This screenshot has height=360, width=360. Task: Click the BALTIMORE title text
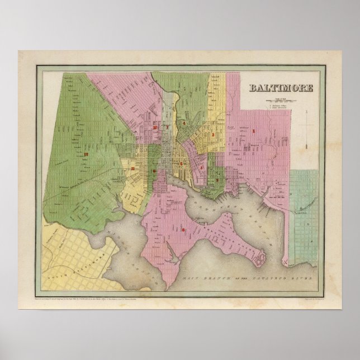click(281, 88)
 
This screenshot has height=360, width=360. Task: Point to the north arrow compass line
click(307, 129)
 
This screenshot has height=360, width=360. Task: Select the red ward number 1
click(255, 131)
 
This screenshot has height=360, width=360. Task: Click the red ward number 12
click(86, 153)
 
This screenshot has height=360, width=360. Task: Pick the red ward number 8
click(183, 229)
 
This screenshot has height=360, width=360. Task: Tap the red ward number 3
click(212, 135)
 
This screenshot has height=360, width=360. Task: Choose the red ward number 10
click(154, 127)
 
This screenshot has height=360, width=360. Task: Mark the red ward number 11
click(132, 168)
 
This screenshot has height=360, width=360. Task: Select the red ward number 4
click(183, 122)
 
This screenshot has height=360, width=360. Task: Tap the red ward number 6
click(181, 163)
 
